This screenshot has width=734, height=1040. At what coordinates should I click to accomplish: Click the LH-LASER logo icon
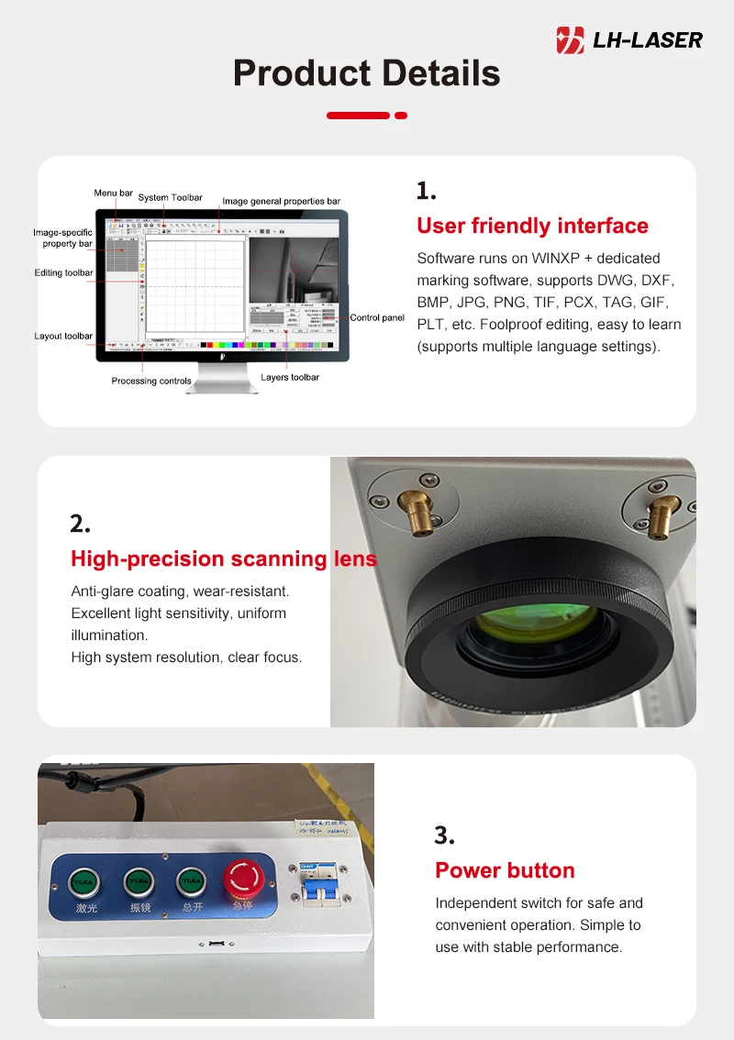[571, 39]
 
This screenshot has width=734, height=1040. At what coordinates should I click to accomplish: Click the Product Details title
[367, 72]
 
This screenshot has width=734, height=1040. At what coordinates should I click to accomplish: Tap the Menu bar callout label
[113, 194]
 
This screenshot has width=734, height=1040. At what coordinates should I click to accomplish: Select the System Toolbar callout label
[170, 197]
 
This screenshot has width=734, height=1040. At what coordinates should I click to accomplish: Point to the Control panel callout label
[377, 318]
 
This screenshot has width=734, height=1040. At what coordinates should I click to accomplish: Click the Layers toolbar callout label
[291, 377]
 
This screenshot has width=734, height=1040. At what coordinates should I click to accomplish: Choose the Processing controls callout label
[151, 381]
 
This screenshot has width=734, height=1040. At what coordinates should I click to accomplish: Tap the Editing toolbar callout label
[63, 272]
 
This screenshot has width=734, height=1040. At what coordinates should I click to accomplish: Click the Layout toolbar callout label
[63, 336]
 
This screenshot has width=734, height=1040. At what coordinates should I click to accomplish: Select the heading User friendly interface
[532, 226]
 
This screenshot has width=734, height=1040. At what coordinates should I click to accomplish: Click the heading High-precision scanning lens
[224, 559]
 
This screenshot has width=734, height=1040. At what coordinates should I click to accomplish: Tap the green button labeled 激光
[83, 881]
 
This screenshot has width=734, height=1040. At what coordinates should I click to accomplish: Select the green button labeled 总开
[191, 881]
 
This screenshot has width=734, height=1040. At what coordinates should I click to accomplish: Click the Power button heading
[505, 870]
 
